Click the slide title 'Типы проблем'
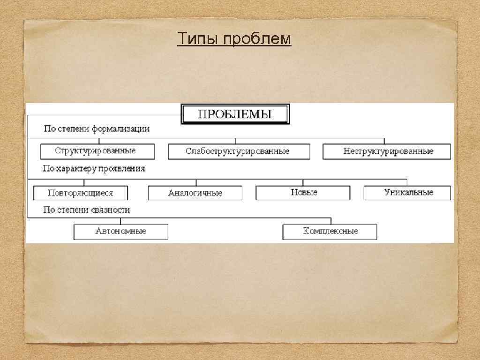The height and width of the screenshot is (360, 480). pyautogui.click(x=234, y=39)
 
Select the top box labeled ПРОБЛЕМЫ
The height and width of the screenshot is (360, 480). pyautogui.click(x=235, y=114)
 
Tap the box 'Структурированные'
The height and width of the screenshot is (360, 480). pyautogui.click(x=97, y=151)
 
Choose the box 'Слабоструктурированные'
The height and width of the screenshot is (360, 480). pyautogui.click(x=239, y=151)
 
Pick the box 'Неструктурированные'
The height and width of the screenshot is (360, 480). pyautogui.click(x=387, y=151)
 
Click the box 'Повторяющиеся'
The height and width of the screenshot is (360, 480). pyautogui.click(x=81, y=193)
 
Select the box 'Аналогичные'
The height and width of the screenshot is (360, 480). pyautogui.click(x=195, y=193)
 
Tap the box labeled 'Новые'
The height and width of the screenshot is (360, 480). pyautogui.click(x=303, y=193)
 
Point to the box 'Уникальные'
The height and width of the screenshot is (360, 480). pyautogui.click(x=407, y=193)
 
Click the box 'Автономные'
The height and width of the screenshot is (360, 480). pyautogui.click(x=120, y=232)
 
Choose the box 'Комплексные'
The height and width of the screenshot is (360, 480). pyautogui.click(x=330, y=232)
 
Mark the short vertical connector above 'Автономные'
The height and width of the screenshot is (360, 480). pyautogui.click(x=120, y=221)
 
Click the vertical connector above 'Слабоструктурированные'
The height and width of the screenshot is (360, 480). pyautogui.click(x=235, y=141)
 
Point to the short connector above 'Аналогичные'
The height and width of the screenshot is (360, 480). pyautogui.click(x=196, y=182)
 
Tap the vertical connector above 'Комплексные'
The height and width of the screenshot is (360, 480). pyautogui.click(x=331, y=221)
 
